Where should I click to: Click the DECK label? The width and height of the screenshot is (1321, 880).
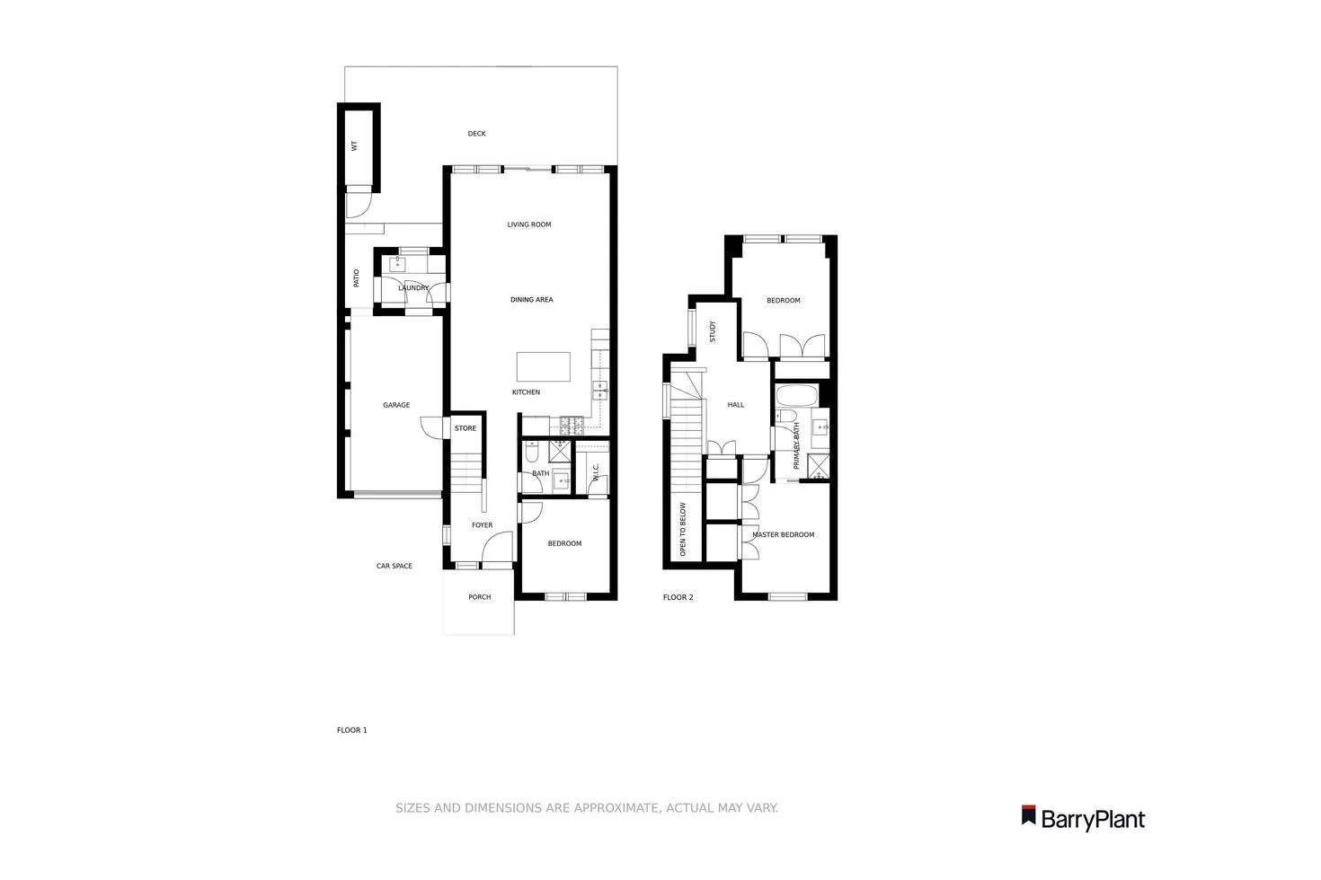476,134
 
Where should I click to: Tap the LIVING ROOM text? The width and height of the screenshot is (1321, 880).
529,224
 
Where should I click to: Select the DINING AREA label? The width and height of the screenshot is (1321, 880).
531,300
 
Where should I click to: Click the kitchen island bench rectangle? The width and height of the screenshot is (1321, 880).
544,366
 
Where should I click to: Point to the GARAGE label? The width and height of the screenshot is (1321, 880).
396,405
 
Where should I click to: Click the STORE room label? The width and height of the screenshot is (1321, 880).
465,428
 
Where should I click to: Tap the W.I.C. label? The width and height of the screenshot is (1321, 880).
596,472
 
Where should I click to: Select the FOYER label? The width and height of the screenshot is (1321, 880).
482,525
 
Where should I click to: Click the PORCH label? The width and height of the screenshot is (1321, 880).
479,597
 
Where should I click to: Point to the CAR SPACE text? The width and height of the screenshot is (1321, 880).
395,566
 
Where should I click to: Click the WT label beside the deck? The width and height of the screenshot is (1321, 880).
354,145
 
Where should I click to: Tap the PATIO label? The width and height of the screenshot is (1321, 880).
356,278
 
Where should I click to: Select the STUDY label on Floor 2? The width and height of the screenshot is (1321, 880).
713,331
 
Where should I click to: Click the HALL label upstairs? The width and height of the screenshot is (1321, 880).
736,405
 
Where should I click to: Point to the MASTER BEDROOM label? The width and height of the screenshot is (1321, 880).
784,535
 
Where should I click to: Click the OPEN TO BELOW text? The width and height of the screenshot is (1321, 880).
683,530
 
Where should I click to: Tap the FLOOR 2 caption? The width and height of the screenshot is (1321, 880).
678,597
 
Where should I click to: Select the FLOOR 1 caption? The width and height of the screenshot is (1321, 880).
352,730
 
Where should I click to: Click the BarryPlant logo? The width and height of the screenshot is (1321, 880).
1083,818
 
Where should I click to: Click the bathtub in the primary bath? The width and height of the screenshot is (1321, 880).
796,395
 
